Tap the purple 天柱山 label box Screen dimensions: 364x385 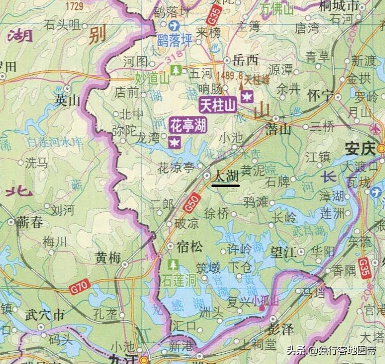tap(218, 106)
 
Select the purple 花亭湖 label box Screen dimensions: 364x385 tap(188, 125)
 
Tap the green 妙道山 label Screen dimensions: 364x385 tap(152, 78)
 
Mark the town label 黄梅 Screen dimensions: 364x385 tap(108, 259)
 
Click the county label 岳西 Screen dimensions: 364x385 tap(245, 60)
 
